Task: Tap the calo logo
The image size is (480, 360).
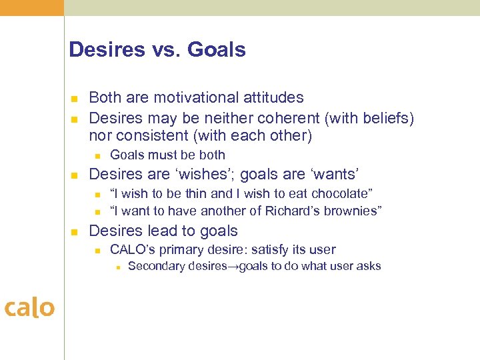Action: tap(29, 308)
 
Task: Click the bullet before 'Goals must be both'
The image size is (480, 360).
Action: tap(97, 156)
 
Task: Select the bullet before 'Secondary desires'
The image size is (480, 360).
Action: tap(117, 267)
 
